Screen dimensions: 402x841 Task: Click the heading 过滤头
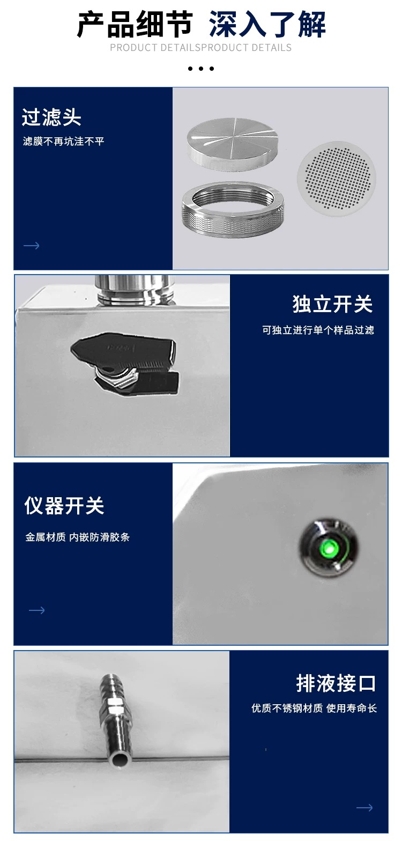tap(51, 117)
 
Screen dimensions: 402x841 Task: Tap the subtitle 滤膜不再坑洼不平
tap(63, 141)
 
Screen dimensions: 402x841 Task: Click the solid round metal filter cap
tap(233, 144)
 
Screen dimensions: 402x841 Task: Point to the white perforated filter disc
tap(336, 179)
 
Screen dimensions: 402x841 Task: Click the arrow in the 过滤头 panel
tap(32, 246)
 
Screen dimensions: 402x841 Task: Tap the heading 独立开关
tap(332, 304)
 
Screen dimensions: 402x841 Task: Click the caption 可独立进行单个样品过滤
tap(318, 330)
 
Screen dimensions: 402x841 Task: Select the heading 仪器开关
tap(64, 505)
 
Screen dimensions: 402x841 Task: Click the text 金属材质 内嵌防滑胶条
tap(77, 537)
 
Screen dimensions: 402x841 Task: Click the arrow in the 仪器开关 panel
tap(37, 610)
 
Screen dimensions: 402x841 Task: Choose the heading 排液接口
tap(336, 683)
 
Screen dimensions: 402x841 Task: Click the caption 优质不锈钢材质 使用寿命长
tap(314, 708)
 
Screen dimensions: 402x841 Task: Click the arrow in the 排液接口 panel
tap(364, 808)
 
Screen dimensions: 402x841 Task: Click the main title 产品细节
tap(135, 25)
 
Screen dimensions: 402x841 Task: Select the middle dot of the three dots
tap(201, 69)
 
